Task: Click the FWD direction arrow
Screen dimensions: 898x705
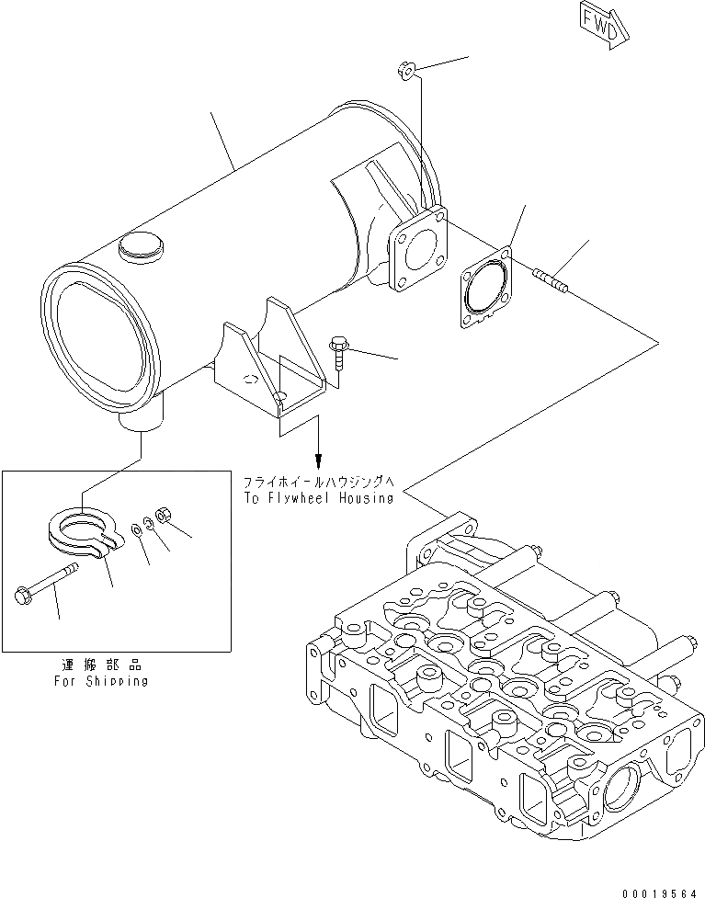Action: point(603,22)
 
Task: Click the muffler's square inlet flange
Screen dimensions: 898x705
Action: point(417,254)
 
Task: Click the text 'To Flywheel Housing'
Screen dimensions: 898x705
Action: point(318,498)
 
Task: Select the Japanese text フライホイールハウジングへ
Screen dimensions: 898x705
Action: point(318,482)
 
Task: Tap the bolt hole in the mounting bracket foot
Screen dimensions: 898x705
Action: point(281,397)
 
